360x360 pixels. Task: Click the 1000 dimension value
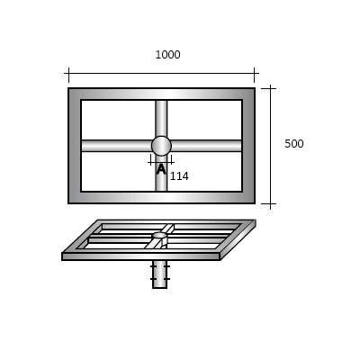(x=167, y=55)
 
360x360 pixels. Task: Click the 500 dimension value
(x=293, y=144)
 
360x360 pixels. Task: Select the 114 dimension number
(x=179, y=176)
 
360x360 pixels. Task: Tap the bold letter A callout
(x=161, y=168)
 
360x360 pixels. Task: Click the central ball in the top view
(x=161, y=146)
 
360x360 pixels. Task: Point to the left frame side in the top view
(x=75, y=146)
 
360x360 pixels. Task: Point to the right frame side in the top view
(x=248, y=146)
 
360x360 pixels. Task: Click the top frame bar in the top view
(x=161, y=94)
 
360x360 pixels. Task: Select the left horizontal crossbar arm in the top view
(x=115, y=146)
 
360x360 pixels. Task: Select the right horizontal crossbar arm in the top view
(x=207, y=146)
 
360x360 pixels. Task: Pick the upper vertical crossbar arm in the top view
(x=161, y=117)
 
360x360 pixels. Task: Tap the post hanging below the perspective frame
(x=160, y=274)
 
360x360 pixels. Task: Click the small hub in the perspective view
(x=159, y=237)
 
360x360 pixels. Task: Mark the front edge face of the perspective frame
(x=140, y=256)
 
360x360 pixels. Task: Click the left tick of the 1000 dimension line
(x=68, y=75)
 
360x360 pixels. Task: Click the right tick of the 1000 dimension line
(x=255, y=75)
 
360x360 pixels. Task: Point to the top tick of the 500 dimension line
(x=267, y=88)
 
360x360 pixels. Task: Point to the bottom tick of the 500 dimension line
(x=267, y=204)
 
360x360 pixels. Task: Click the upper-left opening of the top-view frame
(x=117, y=119)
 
